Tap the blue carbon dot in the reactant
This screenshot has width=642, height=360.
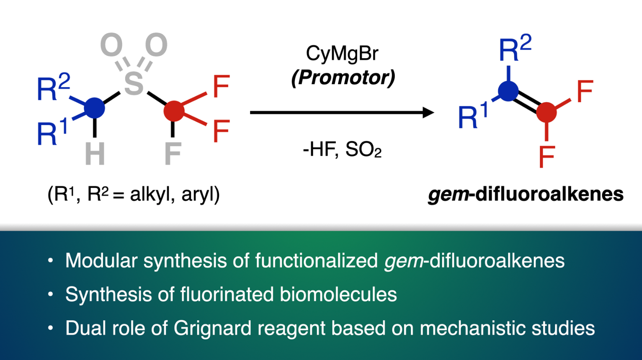coord(95,108)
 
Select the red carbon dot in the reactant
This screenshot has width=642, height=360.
coord(173,111)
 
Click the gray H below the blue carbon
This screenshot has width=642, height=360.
coord(95,154)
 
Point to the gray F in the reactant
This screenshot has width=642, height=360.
coord(173,154)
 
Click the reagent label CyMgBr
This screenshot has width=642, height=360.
coord(342,54)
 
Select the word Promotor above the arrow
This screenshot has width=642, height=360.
coord(343,77)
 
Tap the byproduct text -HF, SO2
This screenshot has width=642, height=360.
coord(342,149)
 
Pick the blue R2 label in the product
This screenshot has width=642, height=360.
coord(515,49)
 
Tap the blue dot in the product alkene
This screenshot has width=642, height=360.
coord(508,91)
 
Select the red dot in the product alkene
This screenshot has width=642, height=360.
coord(546,112)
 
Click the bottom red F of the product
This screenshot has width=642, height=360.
coord(547,157)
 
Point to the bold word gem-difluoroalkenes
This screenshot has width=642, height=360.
coord(526,194)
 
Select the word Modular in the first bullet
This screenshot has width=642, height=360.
coord(101,260)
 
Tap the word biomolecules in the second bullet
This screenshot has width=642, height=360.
coord(338,294)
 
